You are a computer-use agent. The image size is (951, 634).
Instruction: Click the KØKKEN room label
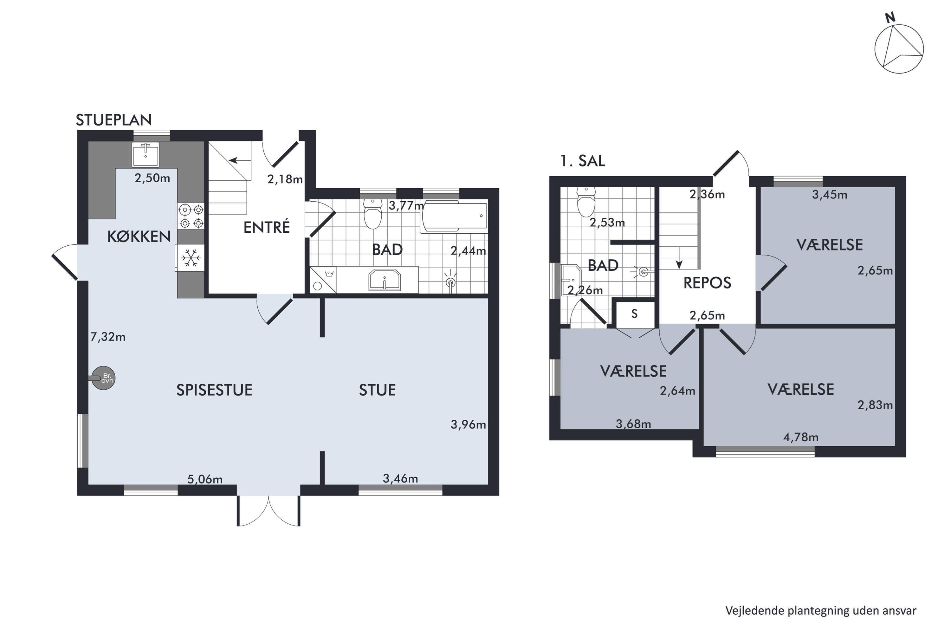[x=139, y=236]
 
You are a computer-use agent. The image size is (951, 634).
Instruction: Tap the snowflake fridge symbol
[x=190, y=257]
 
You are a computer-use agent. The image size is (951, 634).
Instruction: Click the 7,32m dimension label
[x=107, y=337]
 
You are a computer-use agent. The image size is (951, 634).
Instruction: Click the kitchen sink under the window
[x=146, y=154]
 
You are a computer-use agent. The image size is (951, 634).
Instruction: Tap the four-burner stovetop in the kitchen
[x=191, y=216]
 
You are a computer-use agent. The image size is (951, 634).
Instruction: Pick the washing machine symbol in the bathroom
[x=323, y=279]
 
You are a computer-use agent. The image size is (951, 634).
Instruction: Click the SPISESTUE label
[x=214, y=390]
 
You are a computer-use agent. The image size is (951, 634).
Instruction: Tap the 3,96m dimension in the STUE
[x=468, y=424]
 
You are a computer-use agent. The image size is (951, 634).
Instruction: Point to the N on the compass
[x=890, y=18]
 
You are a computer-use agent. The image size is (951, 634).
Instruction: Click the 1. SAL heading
[x=582, y=161]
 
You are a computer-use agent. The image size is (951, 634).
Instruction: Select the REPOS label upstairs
[x=707, y=283]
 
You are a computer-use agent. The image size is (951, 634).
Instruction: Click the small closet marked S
[x=634, y=314]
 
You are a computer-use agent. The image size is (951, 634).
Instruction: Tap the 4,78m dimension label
[x=801, y=437]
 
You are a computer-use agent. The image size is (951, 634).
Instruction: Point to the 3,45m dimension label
[x=830, y=195]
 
